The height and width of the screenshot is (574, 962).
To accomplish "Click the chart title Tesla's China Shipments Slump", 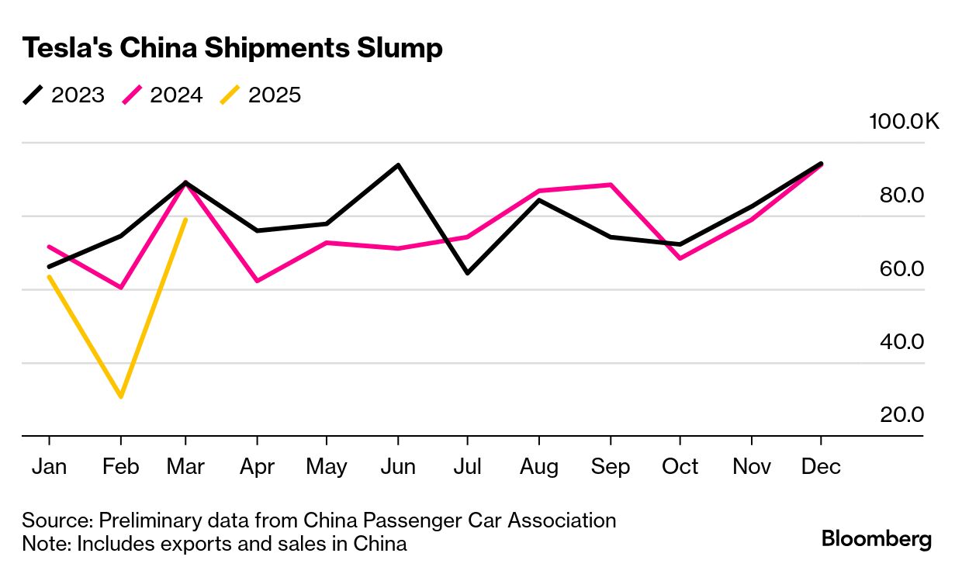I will (232, 48).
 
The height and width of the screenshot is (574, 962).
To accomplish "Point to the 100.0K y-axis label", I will (904, 122).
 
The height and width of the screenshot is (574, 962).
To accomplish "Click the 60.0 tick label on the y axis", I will (901, 269).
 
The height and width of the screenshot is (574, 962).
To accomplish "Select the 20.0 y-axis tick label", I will (901, 415).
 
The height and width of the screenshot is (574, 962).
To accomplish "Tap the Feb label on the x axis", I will (120, 467).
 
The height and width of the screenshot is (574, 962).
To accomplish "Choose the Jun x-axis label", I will (397, 467).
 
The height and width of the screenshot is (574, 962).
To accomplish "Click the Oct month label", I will (680, 467).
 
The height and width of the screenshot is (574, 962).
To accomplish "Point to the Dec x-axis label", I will (822, 467).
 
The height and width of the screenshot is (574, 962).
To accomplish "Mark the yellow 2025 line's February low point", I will (120, 397).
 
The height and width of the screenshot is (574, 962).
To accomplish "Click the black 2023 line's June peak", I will (398, 164).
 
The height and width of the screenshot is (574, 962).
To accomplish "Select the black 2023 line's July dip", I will (467, 273).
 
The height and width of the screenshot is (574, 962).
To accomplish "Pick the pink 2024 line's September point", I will (611, 185).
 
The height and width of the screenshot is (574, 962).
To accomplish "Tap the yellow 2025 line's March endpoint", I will (185, 220).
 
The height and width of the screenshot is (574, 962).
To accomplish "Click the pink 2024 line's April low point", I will (256, 281).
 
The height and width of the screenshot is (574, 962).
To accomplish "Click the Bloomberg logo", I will (877, 539).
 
